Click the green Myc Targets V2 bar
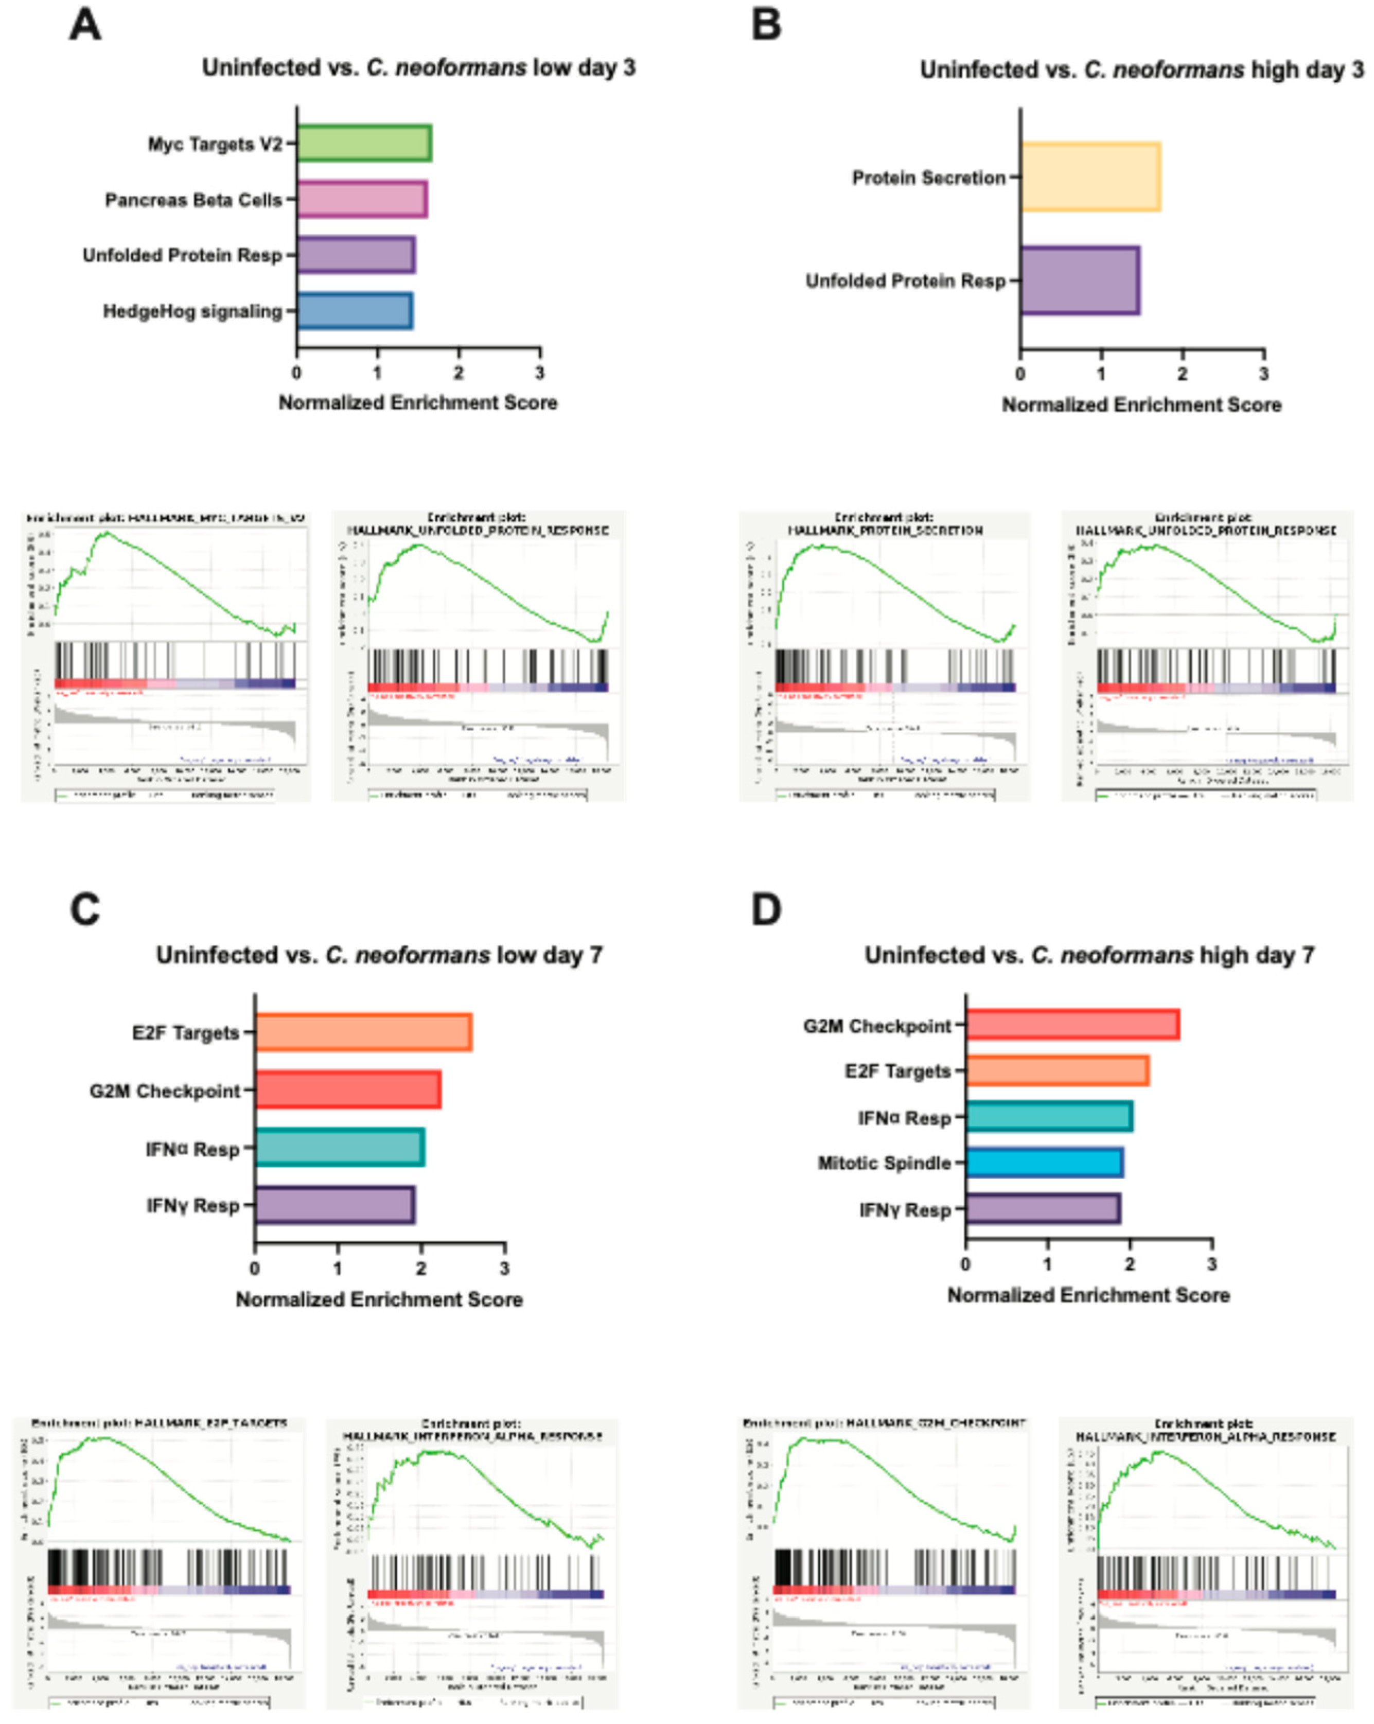click(x=364, y=143)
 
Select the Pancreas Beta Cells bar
click(x=361, y=199)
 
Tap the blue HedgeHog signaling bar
click(x=354, y=311)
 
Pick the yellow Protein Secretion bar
click(x=1090, y=177)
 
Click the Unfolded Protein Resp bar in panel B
click(x=1080, y=280)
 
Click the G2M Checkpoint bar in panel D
click(x=1072, y=1025)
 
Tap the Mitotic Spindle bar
click(x=1045, y=1163)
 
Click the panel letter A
click(x=85, y=24)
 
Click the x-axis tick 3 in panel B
click(x=1264, y=374)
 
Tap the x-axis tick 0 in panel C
click(x=254, y=1268)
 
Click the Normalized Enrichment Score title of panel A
click(x=417, y=402)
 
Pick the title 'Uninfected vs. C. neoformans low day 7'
click(x=379, y=955)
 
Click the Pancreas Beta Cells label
click(x=193, y=200)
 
